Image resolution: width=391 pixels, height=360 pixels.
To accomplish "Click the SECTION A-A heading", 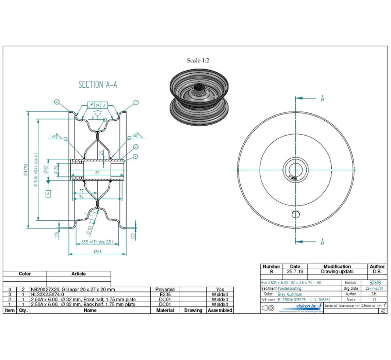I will pyautogui.click(x=98, y=84).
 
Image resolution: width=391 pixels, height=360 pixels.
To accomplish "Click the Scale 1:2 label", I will pyautogui.click(x=198, y=61).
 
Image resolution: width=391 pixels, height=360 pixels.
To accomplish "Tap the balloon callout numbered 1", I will pyautogui.click(x=136, y=102).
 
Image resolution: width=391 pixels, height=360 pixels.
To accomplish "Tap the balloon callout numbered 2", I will pyautogui.click(x=57, y=102).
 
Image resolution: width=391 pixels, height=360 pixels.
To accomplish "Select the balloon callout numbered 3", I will pyautogui.click(x=136, y=147).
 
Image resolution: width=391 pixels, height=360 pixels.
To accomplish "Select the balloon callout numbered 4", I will pyautogui.click(x=136, y=156).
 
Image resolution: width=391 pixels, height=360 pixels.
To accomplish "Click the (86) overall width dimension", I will pyautogui.click(x=97, y=252).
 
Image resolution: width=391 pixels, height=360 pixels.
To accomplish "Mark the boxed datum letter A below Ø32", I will pyautogui.click(x=48, y=193).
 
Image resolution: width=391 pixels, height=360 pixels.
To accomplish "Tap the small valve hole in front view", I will pyautogui.click(x=296, y=214).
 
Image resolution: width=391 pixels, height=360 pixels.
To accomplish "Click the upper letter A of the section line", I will pyautogui.click(x=322, y=99).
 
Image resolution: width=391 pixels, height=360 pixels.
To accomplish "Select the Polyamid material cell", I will pyautogui.click(x=165, y=290).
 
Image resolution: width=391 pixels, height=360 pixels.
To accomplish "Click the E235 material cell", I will pyautogui.click(x=165, y=295).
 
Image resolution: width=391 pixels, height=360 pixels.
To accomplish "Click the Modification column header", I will pyautogui.click(x=337, y=266).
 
